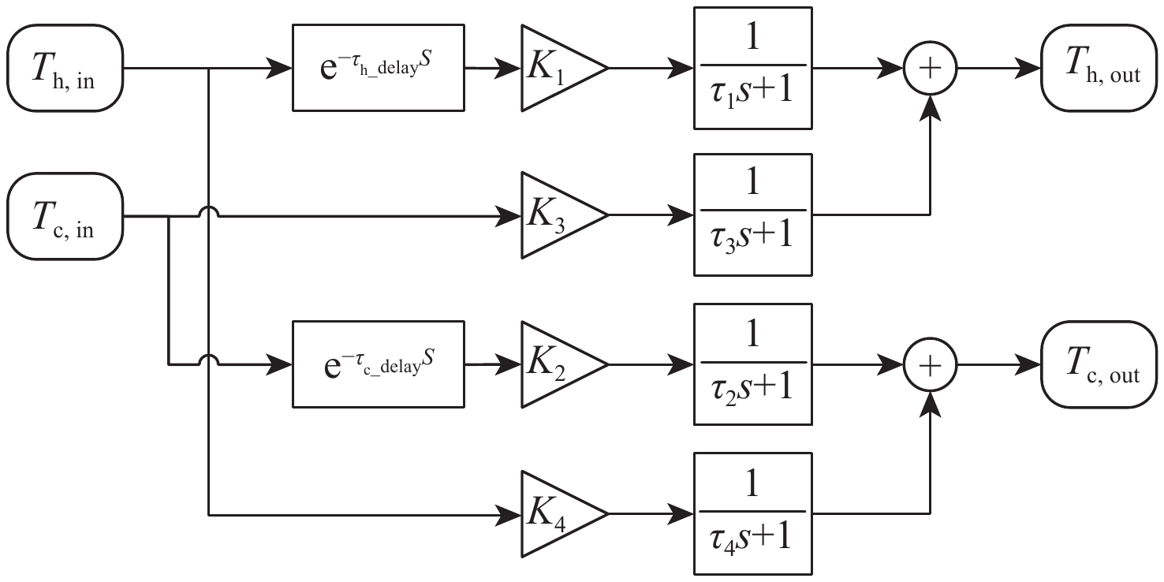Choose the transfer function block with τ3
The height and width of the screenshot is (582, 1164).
pos(752,215)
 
